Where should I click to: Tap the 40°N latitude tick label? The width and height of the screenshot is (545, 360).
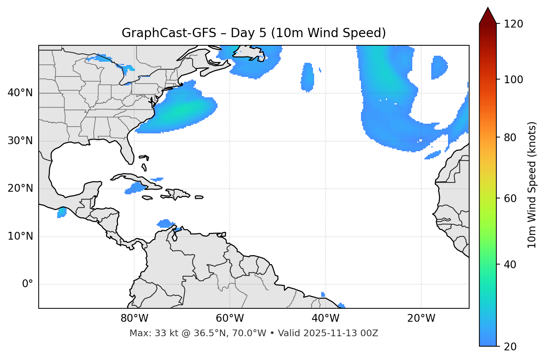20,93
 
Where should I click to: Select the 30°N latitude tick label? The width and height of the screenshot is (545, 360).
20,141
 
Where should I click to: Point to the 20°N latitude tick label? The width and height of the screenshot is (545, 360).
20,189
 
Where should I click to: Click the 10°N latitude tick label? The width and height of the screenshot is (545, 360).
20,236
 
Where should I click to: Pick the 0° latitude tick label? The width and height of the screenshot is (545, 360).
28,284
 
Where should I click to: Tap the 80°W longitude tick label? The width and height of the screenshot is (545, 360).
134,318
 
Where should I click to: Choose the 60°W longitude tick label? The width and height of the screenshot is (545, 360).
230,318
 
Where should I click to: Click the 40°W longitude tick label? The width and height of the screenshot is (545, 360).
325,318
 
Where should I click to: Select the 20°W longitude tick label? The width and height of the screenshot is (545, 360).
421,318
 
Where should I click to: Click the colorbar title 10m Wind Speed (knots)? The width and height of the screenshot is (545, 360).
532,185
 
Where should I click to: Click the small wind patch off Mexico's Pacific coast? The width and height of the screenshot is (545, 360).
62,213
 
